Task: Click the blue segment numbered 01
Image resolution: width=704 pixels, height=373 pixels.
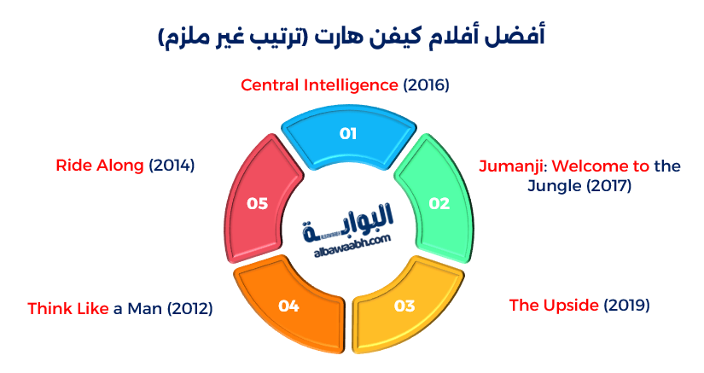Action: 347,135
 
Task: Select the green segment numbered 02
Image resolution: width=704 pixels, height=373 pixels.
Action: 438,203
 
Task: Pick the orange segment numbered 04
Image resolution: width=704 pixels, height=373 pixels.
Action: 289,305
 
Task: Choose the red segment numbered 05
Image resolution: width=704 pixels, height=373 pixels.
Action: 257,203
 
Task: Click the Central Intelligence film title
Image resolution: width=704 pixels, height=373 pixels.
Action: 319,85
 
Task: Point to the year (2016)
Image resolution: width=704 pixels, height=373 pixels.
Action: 426,85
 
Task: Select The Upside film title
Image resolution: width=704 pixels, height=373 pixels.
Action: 555,305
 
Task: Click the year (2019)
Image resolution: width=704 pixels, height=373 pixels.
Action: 627,305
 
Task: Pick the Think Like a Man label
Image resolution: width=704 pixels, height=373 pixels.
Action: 119,308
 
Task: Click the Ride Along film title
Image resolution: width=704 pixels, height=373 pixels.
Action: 100,166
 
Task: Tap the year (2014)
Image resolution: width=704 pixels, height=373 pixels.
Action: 172,166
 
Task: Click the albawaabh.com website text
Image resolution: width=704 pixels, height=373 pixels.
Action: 351,249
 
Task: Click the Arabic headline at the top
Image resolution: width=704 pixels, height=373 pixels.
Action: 352,37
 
